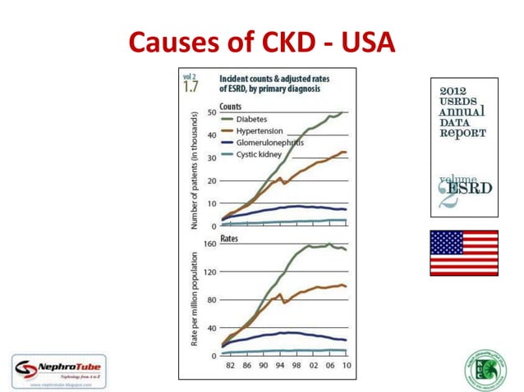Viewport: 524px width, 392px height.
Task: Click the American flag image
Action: pos(463,253)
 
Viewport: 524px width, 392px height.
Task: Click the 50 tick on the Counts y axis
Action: pos(211,112)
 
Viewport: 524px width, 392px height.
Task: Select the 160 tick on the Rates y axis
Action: pos(209,244)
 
